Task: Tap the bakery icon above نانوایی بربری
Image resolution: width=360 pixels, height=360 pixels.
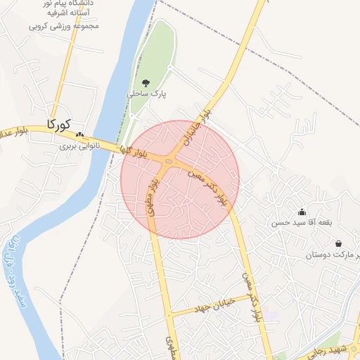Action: pyautogui.click(x=79, y=135)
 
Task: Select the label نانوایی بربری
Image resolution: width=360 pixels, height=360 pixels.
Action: pyautogui.click(x=79, y=146)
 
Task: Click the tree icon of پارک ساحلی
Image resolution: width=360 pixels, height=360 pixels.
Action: pyautogui.click(x=146, y=83)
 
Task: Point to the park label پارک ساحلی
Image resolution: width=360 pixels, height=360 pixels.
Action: pyautogui.click(x=146, y=94)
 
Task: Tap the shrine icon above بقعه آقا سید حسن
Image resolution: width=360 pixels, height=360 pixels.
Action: pyautogui.click(x=302, y=212)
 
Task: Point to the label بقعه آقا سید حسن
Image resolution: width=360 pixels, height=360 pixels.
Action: pyautogui.click(x=301, y=223)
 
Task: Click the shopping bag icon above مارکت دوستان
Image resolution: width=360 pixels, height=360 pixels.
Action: pyautogui.click(x=339, y=244)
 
